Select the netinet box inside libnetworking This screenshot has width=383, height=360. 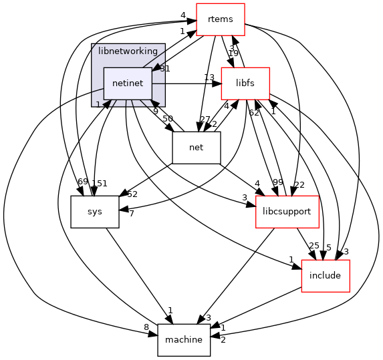(127, 83)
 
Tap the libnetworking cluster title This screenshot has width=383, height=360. (127, 51)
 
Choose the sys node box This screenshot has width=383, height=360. (95, 212)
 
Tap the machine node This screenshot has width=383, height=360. (183, 339)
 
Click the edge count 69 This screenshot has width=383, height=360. (83, 183)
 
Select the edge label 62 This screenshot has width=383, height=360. (253, 113)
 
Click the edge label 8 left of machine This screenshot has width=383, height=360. (146, 327)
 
